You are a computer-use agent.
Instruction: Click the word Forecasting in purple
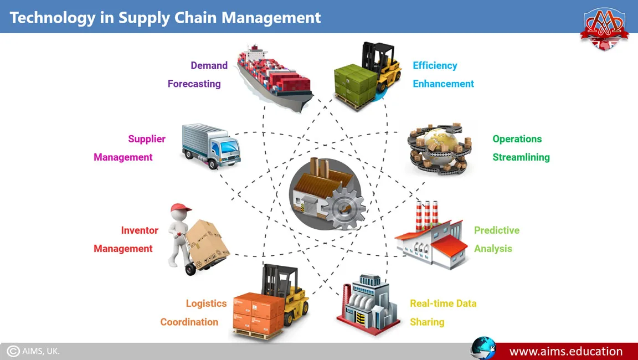point(194,84)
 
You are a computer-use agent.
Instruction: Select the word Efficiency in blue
point(435,65)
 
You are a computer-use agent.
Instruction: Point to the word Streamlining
point(521,157)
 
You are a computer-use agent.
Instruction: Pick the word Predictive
point(496,230)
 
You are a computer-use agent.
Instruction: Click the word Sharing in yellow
point(426,322)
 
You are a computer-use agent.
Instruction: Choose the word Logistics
point(206,304)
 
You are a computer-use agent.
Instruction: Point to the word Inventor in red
point(140,230)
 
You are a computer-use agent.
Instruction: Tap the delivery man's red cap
point(181,208)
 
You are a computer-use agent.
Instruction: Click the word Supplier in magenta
point(147,139)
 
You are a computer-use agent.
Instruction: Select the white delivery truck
point(211,146)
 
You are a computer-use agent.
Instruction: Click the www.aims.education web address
point(565,351)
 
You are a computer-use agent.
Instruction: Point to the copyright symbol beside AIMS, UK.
point(13,351)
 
